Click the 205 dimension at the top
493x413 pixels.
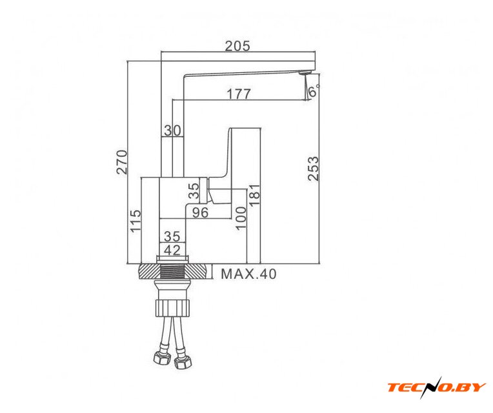(x=237, y=46)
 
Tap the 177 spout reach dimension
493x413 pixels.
(x=239, y=94)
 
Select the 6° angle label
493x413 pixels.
(x=314, y=91)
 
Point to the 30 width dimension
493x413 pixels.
(x=172, y=130)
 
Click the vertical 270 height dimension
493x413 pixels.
(x=122, y=162)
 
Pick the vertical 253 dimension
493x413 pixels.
(x=313, y=168)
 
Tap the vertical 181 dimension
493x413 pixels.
(x=255, y=194)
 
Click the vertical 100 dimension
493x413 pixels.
(x=241, y=218)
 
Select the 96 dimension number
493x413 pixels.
(x=200, y=212)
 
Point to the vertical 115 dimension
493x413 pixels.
(x=136, y=221)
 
